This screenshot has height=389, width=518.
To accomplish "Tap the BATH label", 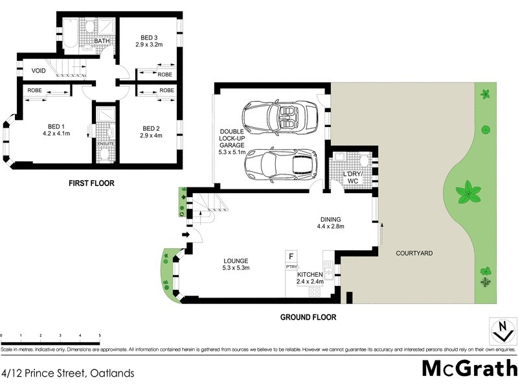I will point(102,41).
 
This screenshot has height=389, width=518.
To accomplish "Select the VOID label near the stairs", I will point(30,70).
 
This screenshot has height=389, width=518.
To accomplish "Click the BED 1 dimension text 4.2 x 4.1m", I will point(56,134).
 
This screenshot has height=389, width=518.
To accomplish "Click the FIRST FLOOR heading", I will point(91,183).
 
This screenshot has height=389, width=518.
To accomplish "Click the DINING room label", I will point(330,219).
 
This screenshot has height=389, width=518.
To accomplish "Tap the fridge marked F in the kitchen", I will point(291,256).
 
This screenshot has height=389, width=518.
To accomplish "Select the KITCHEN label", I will point(311,275).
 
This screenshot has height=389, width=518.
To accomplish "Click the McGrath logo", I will point(469,368).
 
